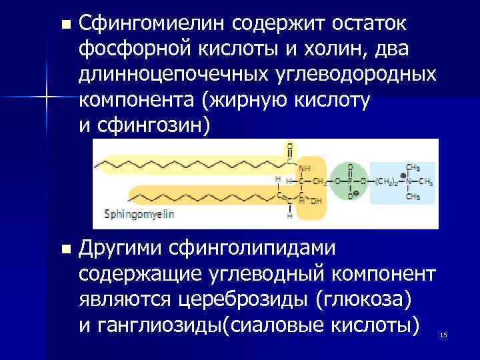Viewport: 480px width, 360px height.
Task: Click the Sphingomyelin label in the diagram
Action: pos(139,215)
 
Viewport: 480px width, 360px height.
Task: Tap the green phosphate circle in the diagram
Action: pos(347,181)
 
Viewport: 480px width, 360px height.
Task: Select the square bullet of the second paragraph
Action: pos(64,249)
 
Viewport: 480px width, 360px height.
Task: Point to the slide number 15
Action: pos(443,334)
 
